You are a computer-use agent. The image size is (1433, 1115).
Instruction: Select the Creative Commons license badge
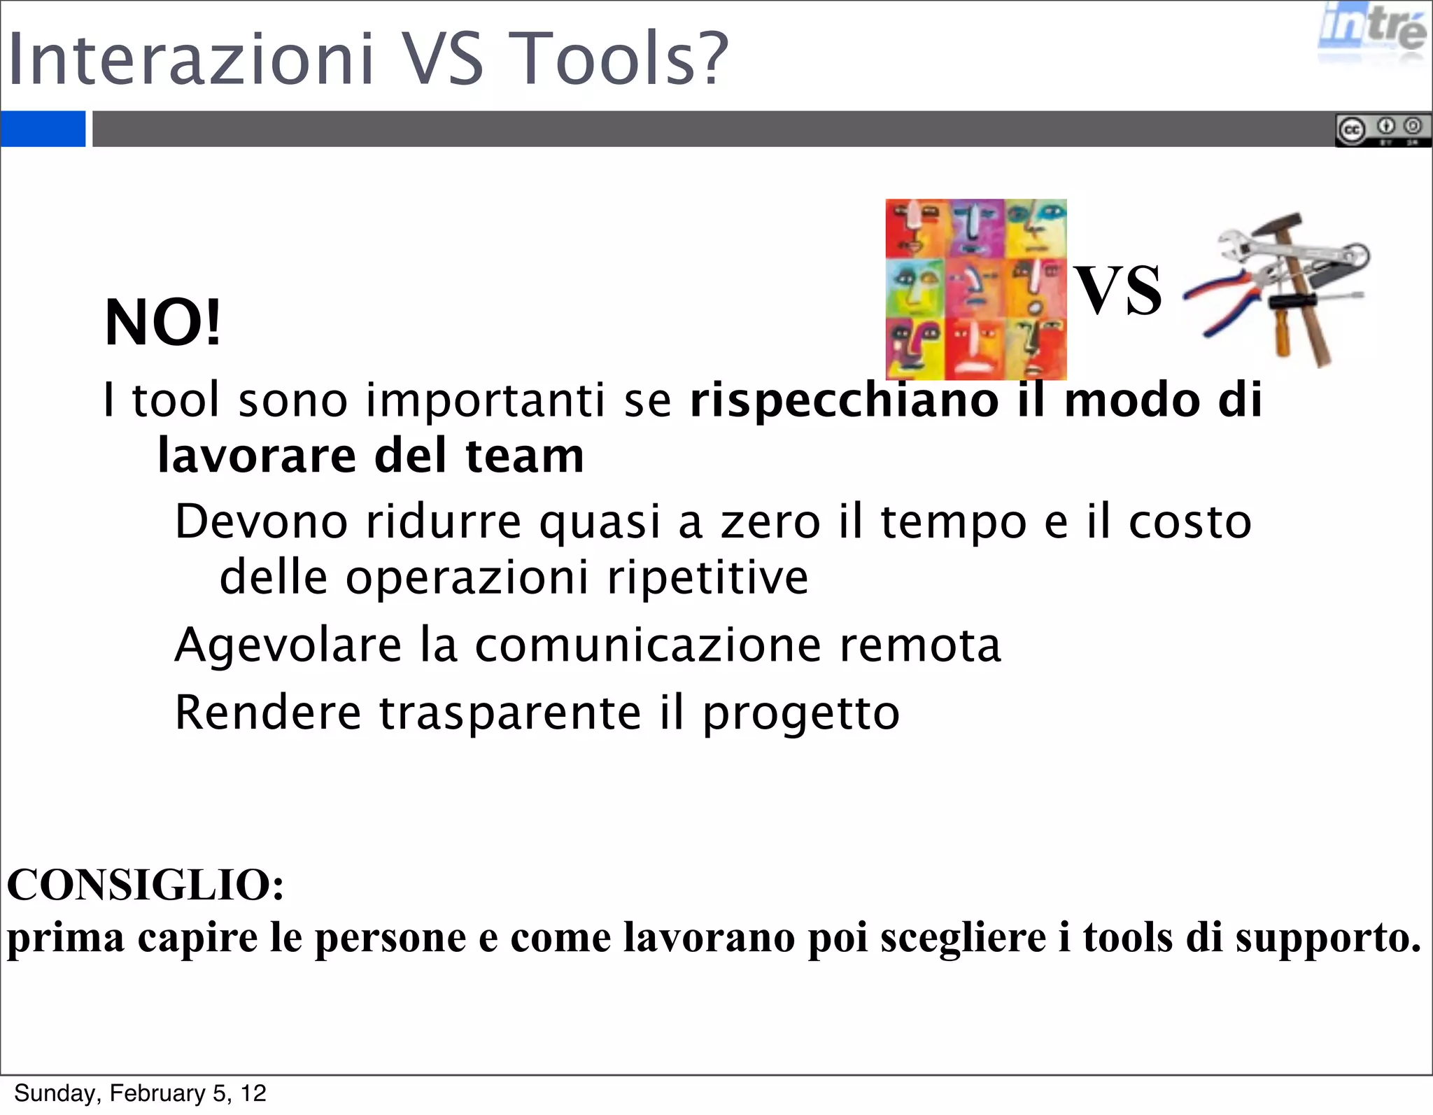point(1382,129)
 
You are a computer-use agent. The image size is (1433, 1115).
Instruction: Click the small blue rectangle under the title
point(43,129)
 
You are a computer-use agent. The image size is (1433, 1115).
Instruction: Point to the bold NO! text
point(162,323)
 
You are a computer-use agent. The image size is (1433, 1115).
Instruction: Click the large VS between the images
point(1117,290)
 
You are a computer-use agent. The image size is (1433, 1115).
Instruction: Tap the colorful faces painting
point(975,289)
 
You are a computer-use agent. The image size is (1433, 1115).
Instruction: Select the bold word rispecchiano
point(845,400)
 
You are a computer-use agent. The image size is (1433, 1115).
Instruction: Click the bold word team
point(524,456)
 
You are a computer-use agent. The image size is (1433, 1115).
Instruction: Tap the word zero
point(770,522)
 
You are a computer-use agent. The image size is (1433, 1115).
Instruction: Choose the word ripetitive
point(707,578)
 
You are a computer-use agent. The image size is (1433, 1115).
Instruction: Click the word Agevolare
point(288,645)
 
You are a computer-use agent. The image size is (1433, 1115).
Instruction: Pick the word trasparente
point(510,713)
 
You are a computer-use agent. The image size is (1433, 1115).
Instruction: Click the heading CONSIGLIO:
point(146,885)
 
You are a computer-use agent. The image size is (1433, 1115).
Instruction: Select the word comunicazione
point(648,645)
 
